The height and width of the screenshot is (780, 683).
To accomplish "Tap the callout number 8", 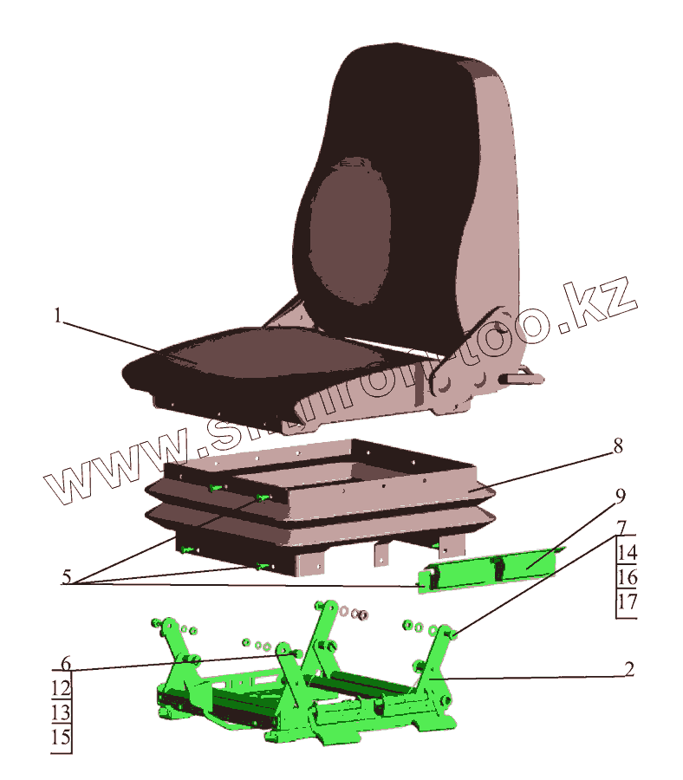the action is coord(617,446).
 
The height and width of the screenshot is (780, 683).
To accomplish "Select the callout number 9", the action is coord(621,496).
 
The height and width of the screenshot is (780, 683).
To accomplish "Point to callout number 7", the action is coord(622,527).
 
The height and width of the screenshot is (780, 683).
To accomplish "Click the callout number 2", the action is coord(630,668).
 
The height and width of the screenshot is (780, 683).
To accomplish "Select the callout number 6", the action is coord(65,665).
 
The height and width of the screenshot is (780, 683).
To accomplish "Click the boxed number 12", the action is coord(61,690).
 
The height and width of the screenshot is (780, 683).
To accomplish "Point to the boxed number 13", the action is coord(61,714).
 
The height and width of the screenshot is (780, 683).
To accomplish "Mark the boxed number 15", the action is coord(61,739).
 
